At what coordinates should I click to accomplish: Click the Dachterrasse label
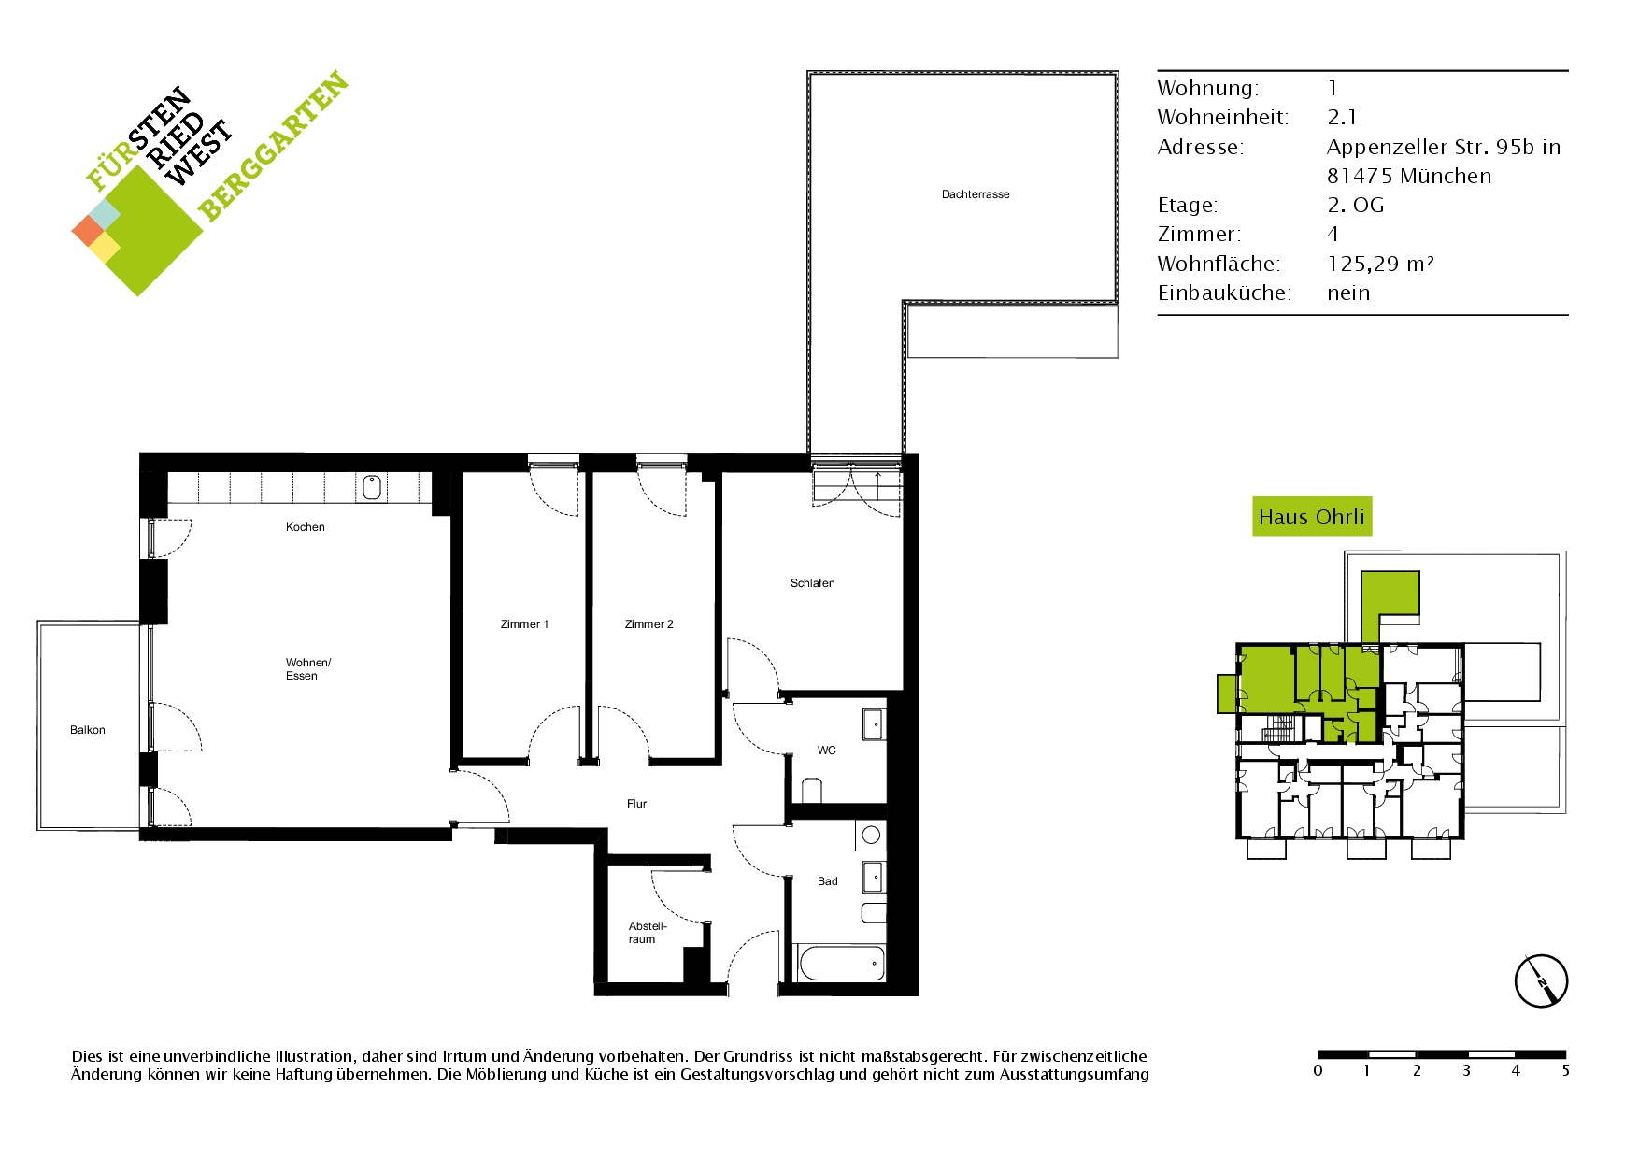click(976, 194)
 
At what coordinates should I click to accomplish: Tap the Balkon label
click(88, 730)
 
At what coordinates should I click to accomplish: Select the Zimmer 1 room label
click(524, 624)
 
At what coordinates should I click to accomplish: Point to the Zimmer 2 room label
click(648, 624)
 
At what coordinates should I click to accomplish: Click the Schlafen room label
click(813, 583)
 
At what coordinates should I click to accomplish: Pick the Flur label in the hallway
click(636, 804)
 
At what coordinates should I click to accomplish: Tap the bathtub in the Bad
click(841, 964)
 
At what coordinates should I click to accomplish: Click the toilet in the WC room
click(811, 791)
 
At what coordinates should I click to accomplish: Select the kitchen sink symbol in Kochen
click(372, 487)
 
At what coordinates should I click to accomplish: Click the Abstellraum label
click(647, 933)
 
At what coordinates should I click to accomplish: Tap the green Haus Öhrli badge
click(1312, 517)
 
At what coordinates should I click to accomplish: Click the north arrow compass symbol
click(1541, 981)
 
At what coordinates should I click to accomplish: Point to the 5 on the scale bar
click(1565, 1071)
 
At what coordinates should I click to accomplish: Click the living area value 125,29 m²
click(1380, 264)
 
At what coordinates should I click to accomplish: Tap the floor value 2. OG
click(1355, 206)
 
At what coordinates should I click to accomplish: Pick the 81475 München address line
click(1409, 176)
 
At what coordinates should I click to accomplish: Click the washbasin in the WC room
click(873, 724)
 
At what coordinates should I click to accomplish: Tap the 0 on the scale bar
click(1318, 1071)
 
